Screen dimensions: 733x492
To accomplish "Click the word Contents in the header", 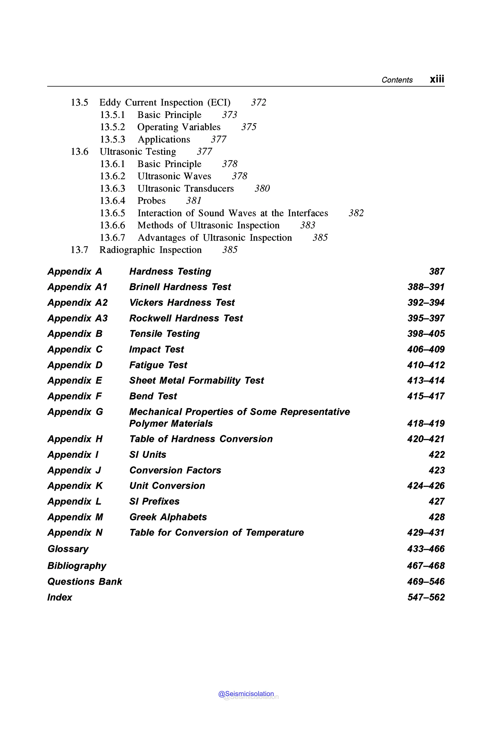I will [x=397, y=80].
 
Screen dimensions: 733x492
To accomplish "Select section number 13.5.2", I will [x=112, y=127].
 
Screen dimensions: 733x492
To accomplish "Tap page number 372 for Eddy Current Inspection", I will [x=258, y=103].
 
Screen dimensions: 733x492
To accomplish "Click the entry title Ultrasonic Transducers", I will [x=185, y=189].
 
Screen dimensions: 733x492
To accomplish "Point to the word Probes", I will [x=151, y=201].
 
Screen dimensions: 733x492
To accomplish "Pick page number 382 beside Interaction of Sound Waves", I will [x=356, y=213].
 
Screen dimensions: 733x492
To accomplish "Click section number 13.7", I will [x=79, y=250].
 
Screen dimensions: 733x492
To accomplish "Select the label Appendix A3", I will [x=78, y=318].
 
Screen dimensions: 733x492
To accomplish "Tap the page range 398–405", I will [x=426, y=334].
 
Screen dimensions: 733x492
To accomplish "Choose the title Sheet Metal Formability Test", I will [x=197, y=380].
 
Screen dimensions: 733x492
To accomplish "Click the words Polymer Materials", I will [x=171, y=424].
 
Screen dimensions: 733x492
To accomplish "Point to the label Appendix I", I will [x=73, y=454].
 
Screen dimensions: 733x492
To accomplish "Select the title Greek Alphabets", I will [x=168, y=517].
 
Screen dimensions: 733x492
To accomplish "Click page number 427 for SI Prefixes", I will [x=437, y=501].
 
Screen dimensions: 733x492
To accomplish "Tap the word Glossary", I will [x=68, y=549].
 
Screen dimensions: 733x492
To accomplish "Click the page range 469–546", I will [x=426, y=582].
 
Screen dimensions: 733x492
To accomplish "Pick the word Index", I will [x=60, y=597].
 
